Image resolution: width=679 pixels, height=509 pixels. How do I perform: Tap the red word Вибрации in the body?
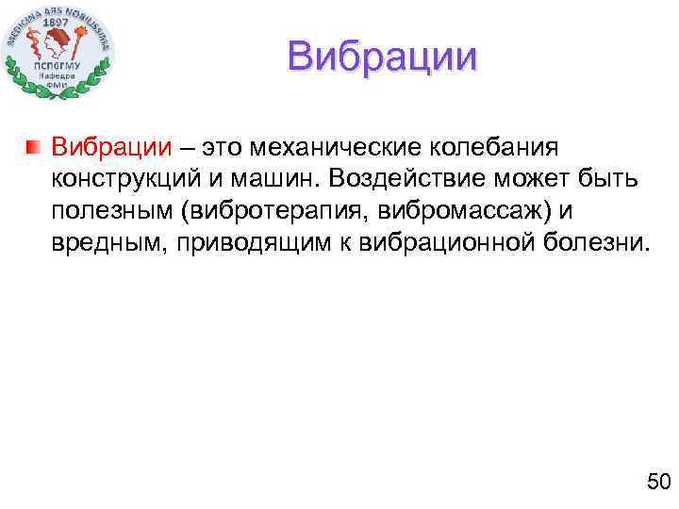tap(112, 147)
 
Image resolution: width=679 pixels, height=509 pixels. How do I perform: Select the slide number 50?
tap(657, 483)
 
